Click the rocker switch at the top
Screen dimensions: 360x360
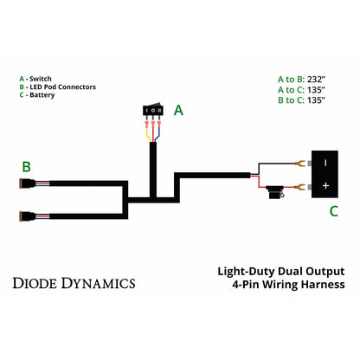pos(154,111)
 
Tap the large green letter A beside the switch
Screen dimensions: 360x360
pos(178,110)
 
